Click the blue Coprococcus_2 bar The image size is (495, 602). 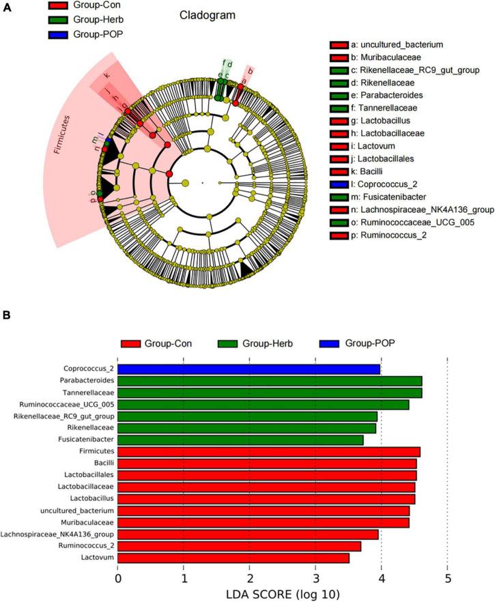pyautogui.click(x=249, y=369)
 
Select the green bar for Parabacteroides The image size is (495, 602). pyautogui.click(x=270, y=381)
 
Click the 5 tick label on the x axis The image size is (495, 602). pyautogui.click(x=447, y=579)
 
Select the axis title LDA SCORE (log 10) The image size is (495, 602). pyautogui.click(x=283, y=594)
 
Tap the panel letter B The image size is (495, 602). pyautogui.click(x=6, y=316)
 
